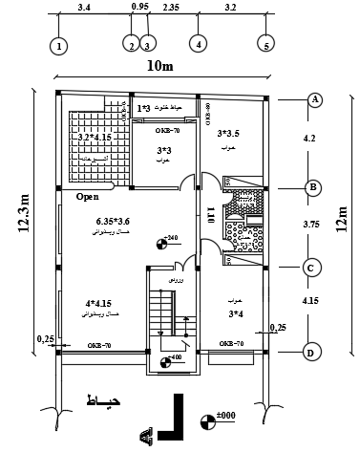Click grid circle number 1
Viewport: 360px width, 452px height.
tap(60, 45)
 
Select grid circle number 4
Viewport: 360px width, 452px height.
tap(198, 44)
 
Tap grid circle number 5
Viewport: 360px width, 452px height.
tap(266, 44)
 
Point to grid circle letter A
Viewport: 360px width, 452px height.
tap(312, 99)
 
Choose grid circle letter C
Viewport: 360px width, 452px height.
tap(311, 269)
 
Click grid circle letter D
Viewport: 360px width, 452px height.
tap(311, 353)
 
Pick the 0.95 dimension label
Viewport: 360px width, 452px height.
tap(138, 8)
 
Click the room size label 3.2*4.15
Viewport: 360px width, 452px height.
tap(97, 138)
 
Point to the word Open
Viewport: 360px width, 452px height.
tap(87, 198)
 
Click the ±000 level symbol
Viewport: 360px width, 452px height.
tap(208, 419)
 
